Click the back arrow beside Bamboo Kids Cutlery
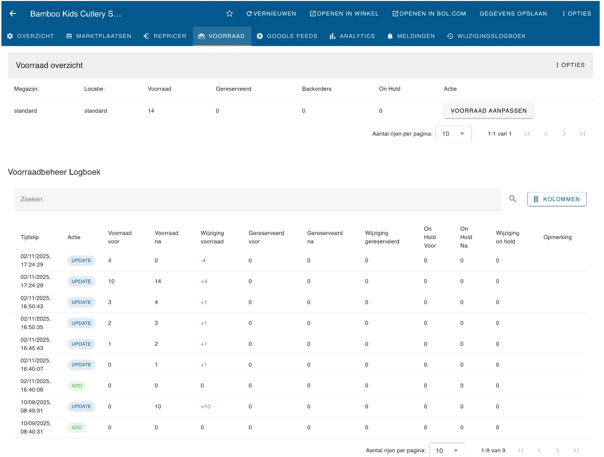pyautogui.click(x=12, y=13)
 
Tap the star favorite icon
pyautogui.click(x=230, y=13)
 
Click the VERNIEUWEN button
pyautogui.click(x=271, y=13)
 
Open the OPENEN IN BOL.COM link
pyautogui.click(x=429, y=13)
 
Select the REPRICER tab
pyautogui.click(x=165, y=36)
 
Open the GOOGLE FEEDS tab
pyautogui.click(x=287, y=36)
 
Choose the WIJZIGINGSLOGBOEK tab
pyautogui.click(x=486, y=36)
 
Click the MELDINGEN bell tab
pyautogui.click(x=411, y=36)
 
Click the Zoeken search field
pyautogui.click(x=258, y=199)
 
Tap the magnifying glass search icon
pyautogui.click(x=512, y=199)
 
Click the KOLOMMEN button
pyautogui.click(x=556, y=199)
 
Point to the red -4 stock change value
pyautogui.click(x=203, y=260)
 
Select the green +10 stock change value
pyautogui.click(x=205, y=407)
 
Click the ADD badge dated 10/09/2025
pyautogui.click(x=76, y=427)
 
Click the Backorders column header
pyautogui.click(x=316, y=89)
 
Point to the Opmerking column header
pyautogui.click(x=557, y=237)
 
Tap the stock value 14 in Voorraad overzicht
pyautogui.click(x=151, y=110)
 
